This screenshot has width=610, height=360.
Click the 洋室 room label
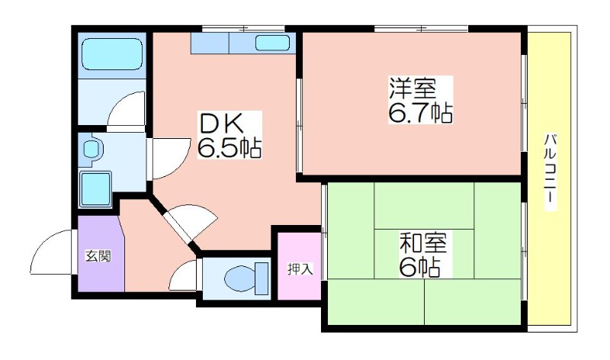tap(413, 88)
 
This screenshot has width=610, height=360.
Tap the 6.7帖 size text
tap(421, 112)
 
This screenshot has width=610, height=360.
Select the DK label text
tap(221, 123)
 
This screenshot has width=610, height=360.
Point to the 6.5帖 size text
tap(230, 148)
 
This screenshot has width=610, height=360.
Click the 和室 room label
tap(423, 243)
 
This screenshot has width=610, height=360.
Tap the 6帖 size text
tap(420, 267)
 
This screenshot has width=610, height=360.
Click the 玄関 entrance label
tap(98, 256)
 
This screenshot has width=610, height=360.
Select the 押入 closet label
tap(300, 269)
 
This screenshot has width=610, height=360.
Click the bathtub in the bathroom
tap(112, 54)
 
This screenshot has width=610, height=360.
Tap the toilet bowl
tap(239, 278)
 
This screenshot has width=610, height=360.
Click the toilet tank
tap(262, 278)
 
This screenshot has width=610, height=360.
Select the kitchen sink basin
tap(273, 43)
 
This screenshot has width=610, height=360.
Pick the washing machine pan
tap(95, 189)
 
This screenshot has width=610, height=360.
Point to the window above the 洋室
tap(422, 28)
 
